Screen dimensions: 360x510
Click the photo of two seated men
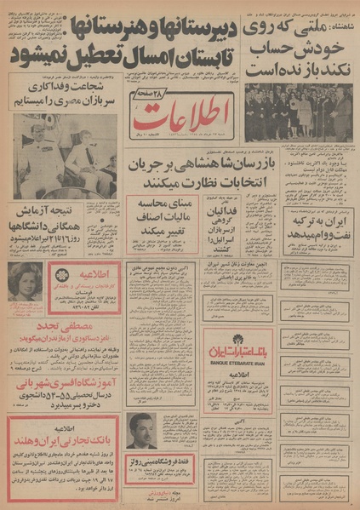[x=65, y=158]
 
